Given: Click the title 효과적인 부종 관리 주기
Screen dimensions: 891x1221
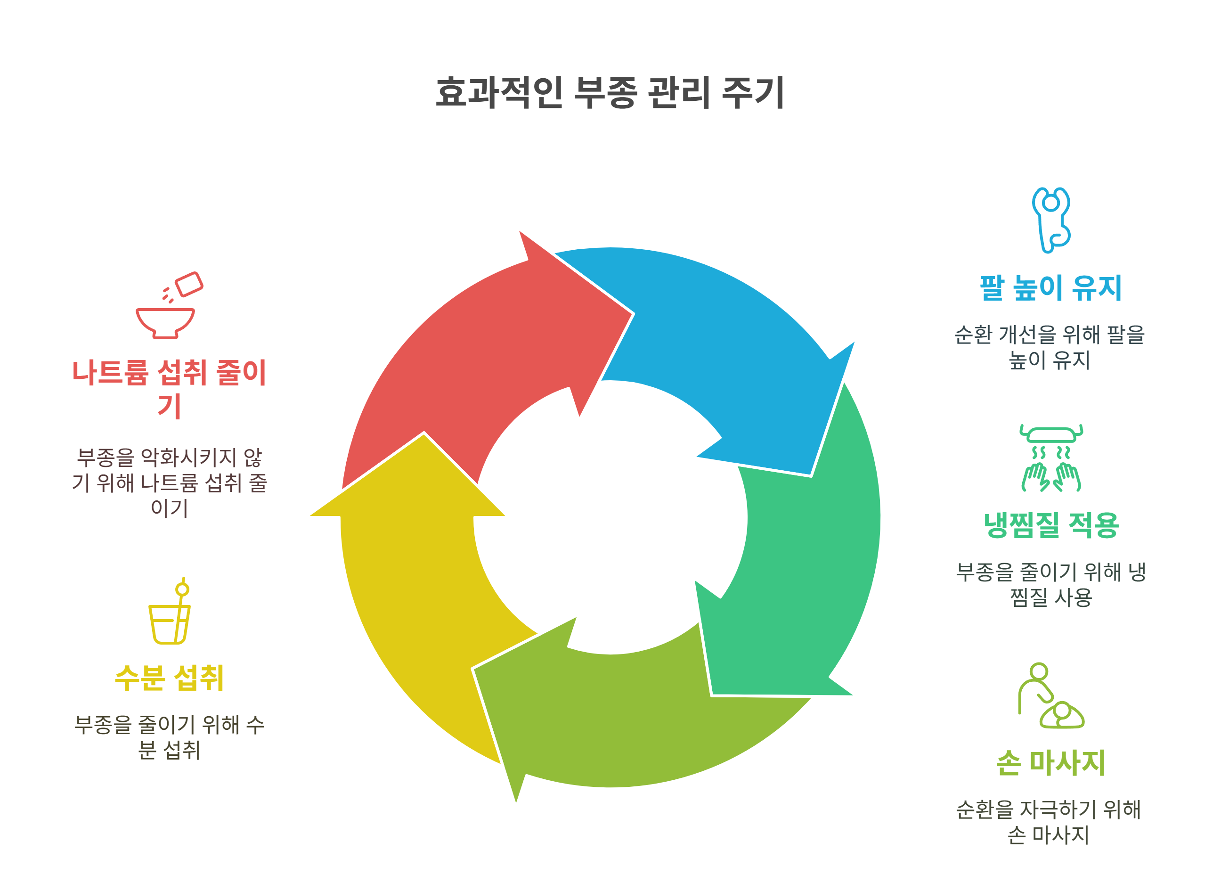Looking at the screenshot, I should (610, 93).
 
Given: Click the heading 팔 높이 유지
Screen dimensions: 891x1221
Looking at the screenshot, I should (1050, 288).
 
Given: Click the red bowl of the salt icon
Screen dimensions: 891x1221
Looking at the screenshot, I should (165, 323).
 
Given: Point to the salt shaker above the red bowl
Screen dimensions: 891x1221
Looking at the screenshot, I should (189, 284).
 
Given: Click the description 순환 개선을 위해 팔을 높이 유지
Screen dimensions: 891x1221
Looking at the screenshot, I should (1050, 347).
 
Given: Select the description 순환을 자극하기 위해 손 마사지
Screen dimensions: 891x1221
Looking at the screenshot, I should (1049, 822).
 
